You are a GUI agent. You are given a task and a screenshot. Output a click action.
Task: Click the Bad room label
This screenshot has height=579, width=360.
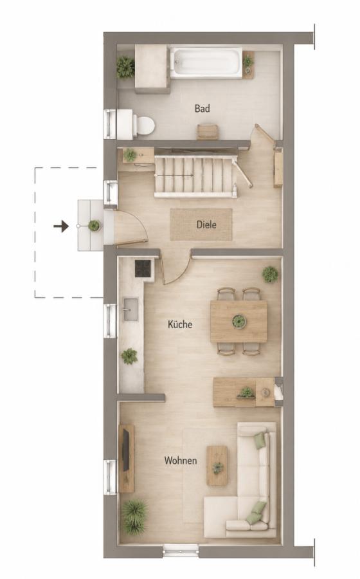pyautogui.click(x=203, y=109)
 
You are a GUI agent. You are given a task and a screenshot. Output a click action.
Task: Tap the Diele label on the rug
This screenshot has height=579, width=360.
pyautogui.click(x=206, y=225)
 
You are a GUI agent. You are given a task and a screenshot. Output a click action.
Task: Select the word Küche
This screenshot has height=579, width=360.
pyautogui.click(x=180, y=324)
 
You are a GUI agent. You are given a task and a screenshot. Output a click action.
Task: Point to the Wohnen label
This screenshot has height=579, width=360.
pyautogui.click(x=181, y=461)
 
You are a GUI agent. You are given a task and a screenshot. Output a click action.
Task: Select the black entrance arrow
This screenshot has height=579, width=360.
pyautogui.click(x=61, y=226)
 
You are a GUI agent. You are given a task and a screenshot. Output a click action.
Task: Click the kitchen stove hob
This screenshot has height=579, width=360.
pyautogui.click(x=143, y=268)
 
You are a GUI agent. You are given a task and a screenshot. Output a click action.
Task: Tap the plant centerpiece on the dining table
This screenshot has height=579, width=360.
pyautogui.click(x=239, y=320)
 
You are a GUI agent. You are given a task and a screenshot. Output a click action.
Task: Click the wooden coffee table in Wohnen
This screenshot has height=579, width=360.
pyautogui.click(x=217, y=466)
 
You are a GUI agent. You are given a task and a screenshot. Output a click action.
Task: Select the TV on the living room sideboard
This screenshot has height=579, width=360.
pyautogui.click(x=126, y=451)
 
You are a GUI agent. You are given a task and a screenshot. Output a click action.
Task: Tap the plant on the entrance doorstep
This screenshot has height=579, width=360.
pyautogui.click(x=94, y=225)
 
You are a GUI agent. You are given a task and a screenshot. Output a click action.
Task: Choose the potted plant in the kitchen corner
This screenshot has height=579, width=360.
pyautogui.click(x=270, y=274)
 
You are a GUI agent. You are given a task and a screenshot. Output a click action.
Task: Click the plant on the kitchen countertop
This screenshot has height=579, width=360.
pyautogui.click(x=129, y=356)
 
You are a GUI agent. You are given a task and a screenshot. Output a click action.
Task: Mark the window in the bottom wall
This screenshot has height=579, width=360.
pyautogui.click(x=181, y=551)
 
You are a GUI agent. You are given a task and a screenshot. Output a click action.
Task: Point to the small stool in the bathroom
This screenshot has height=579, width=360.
pyautogui.click(x=208, y=131)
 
